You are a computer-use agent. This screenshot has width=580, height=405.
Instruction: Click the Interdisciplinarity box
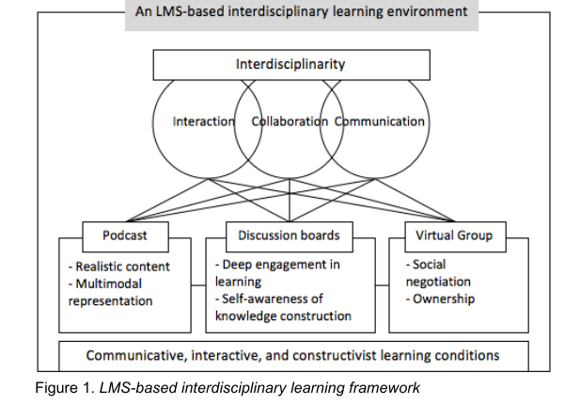coord(290,65)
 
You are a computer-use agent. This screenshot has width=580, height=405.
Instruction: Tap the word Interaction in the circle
coord(203,121)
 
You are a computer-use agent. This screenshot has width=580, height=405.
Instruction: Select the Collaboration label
coord(290,121)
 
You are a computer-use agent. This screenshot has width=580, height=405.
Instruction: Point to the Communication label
coord(380,121)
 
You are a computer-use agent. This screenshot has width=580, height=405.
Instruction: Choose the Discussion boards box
coord(290,235)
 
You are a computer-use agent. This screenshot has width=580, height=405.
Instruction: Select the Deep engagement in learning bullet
coord(276,274)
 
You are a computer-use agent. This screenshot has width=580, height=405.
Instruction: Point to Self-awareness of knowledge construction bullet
coord(282,307)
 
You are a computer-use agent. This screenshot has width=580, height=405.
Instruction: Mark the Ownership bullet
coord(440,300)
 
